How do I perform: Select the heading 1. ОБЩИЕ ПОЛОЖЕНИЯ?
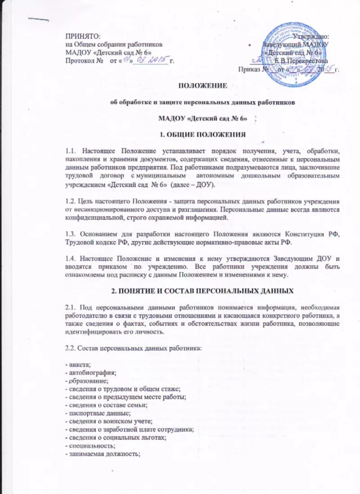(203, 135)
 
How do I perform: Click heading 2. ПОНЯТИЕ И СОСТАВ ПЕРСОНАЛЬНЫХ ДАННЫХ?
(202, 292)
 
